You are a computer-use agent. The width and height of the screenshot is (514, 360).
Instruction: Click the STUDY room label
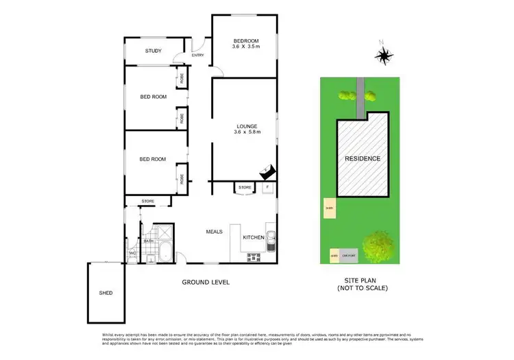(153, 51)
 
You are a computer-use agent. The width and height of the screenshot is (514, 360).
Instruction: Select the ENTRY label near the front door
(198, 56)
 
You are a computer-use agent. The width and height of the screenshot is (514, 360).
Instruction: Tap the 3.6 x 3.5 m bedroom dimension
(247, 47)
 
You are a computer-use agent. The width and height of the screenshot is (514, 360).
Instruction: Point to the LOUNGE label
(247, 126)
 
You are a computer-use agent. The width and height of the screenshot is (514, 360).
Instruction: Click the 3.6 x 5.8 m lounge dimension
(247, 134)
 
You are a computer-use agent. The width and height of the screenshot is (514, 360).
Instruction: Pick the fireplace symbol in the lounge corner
(267, 171)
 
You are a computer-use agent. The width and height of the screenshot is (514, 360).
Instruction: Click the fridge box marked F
(267, 187)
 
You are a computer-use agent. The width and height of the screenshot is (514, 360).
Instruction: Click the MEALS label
(215, 232)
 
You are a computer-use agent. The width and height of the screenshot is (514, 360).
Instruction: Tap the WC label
(132, 254)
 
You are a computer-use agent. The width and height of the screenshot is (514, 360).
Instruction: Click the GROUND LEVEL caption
(206, 283)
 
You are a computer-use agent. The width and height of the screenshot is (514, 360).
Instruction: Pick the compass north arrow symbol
(385, 55)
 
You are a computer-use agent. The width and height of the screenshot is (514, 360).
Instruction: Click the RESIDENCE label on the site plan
(362, 158)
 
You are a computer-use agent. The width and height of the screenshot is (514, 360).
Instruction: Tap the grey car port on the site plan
(349, 256)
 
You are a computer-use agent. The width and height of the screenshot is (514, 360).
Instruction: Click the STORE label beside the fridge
(245, 187)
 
